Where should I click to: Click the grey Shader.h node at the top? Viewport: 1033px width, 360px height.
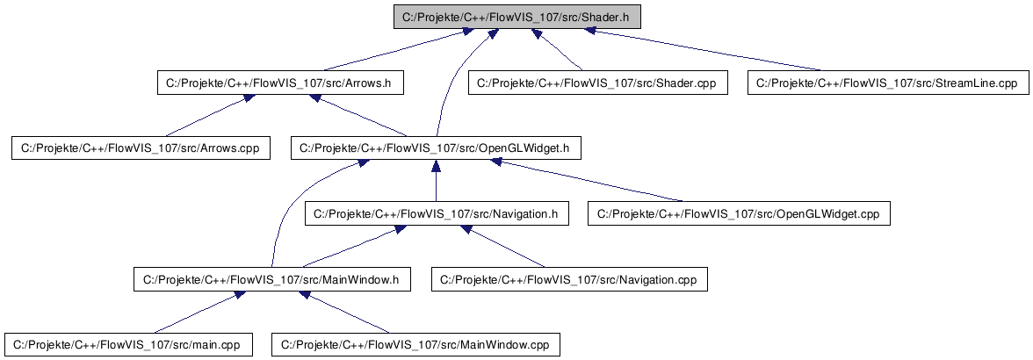(x=516, y=17)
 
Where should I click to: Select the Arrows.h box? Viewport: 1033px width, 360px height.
(x=278, y=83)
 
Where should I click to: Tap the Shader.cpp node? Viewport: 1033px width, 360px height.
(x=597, y=83)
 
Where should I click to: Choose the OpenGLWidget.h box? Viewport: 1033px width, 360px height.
(x=436, y=148)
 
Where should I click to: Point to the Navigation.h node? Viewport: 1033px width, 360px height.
(x=436, y=213)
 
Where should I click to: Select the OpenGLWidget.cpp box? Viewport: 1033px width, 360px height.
(x=739, y=213)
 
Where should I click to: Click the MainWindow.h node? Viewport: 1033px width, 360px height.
(x=271, y=279)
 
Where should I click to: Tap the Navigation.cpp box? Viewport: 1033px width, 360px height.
(x=568, y=279)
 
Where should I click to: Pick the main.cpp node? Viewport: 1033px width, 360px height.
(x=128, y=344)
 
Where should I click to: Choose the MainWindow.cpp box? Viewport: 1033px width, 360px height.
(x=415, y=344)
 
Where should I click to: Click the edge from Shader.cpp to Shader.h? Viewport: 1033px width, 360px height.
(x=559, y=51)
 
